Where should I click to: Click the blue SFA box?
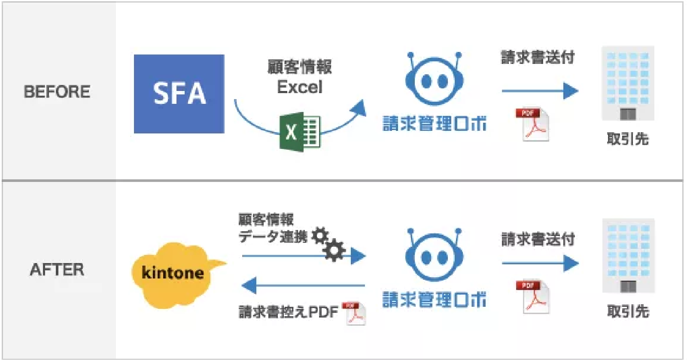click(x=179, y=94)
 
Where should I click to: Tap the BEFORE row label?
click(x=57, y=91)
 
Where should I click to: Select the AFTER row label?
click(x=57, y=269)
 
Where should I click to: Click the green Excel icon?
click(x=300, y=132)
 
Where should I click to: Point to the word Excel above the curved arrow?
click(x=299, y=87)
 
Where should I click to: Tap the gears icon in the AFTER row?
click(x=328, y=243)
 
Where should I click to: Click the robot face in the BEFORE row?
click(x=434, y=80)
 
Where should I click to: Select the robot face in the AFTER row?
click(x=434, y=256)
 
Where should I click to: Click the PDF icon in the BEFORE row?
click(x=532, y=124)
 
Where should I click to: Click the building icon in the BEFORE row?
click(x=628, y=83)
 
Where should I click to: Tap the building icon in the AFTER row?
click(x=628, y=256)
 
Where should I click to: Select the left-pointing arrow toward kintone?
click(x=303, y=285)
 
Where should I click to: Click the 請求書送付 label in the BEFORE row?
click(x=538, y=57)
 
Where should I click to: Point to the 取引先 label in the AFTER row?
click(x=628, y=311)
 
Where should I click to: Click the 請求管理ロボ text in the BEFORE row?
click(x=434, y=124)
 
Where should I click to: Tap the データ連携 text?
click(x=273, y=236)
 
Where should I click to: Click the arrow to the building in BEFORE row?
click(x=540, y=91)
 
